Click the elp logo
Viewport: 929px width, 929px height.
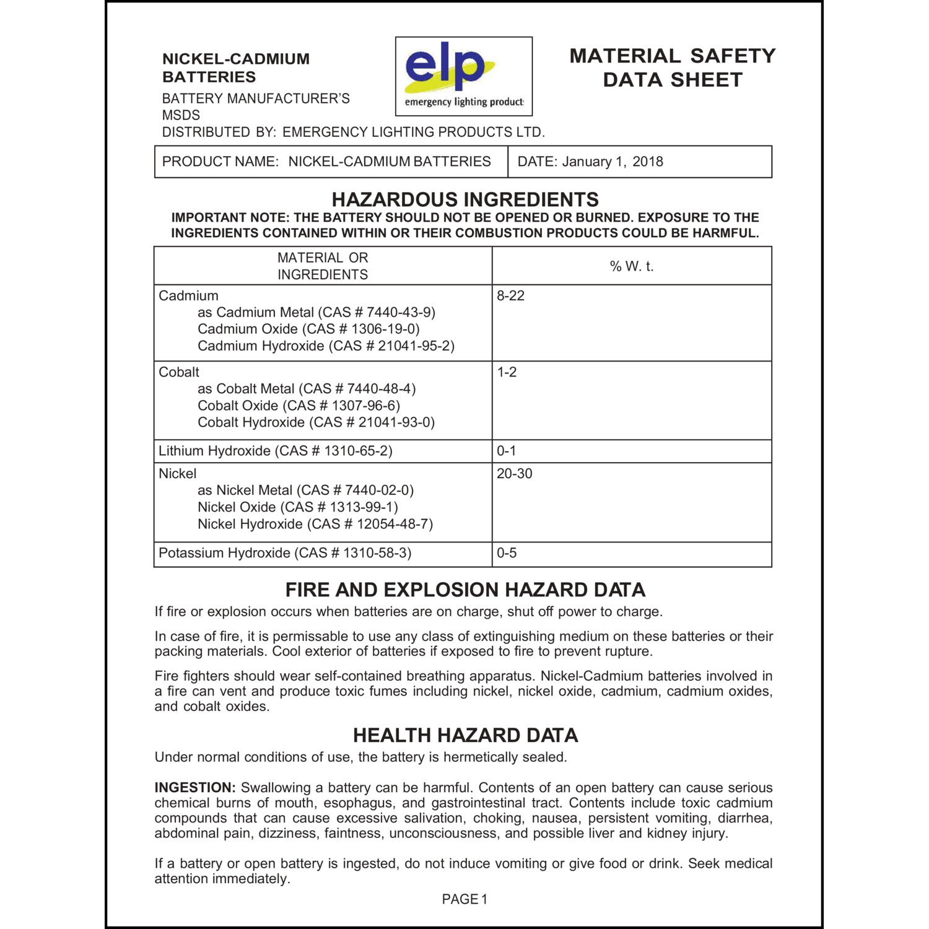tap(463, 76)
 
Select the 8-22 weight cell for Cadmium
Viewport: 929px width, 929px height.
tap(510, 296)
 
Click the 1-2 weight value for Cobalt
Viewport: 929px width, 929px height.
tap(507, 372)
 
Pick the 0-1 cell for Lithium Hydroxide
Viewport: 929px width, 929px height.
tap(506, 451)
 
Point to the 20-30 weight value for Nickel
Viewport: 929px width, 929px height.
tap(514, 474)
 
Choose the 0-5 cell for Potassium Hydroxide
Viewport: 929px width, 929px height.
tap(507, 553)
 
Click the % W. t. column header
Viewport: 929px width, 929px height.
tap(631, 266)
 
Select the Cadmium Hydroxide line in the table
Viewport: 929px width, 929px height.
tap(326, 346)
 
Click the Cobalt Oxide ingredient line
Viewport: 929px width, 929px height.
tap(299, 406)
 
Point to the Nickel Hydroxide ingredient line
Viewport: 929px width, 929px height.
tap(315, 524)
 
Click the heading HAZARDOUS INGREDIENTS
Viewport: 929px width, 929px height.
tap(465, 199)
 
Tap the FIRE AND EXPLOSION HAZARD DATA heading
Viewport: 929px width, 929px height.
tap(465, 590)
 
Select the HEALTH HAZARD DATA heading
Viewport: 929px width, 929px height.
tap(465, 735)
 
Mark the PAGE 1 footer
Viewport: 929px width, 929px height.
tap(464, 899)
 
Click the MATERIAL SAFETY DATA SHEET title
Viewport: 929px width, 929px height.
tap(672, 68)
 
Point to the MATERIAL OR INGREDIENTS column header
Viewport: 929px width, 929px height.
tap(322, 266)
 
